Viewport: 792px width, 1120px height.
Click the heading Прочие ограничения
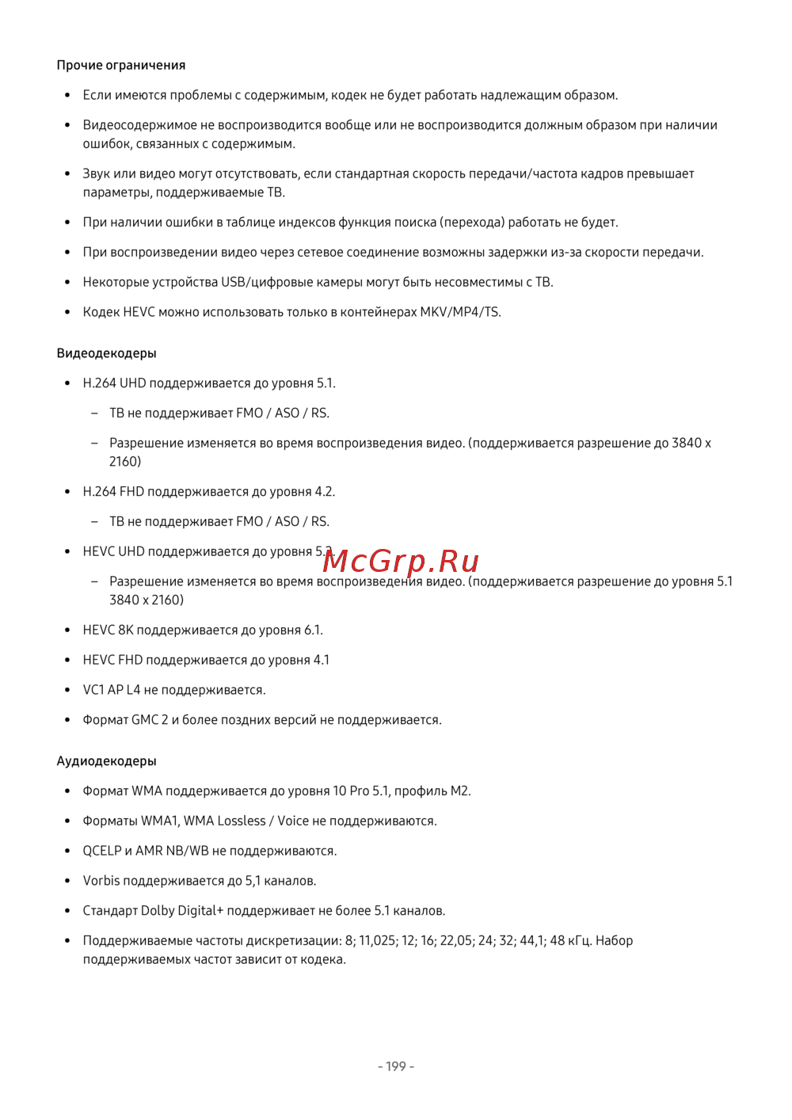click(x=121, y=65)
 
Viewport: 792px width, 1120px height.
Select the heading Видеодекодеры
click(x=106, y=353)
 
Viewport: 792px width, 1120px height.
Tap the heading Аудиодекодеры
click(x=106, y=761)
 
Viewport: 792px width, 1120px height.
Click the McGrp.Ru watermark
click(x=401, y=561)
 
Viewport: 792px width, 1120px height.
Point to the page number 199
click(x=396, y=1067)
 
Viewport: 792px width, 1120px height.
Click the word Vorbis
click(x=101, y=881)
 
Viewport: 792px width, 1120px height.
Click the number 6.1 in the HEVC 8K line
click(x=313, y=630)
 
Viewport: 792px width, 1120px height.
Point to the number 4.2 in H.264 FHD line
click(x=324, y=492)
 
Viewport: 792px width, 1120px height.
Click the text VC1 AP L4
click(x=112, y=690)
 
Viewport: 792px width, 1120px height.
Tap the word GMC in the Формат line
click(x=145, y=720)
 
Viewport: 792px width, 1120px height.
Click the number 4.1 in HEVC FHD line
click(x=321, y=660)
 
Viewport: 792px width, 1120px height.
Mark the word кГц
click(x=580, y=941)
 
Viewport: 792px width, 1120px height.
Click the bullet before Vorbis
click(x=67, y=881)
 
